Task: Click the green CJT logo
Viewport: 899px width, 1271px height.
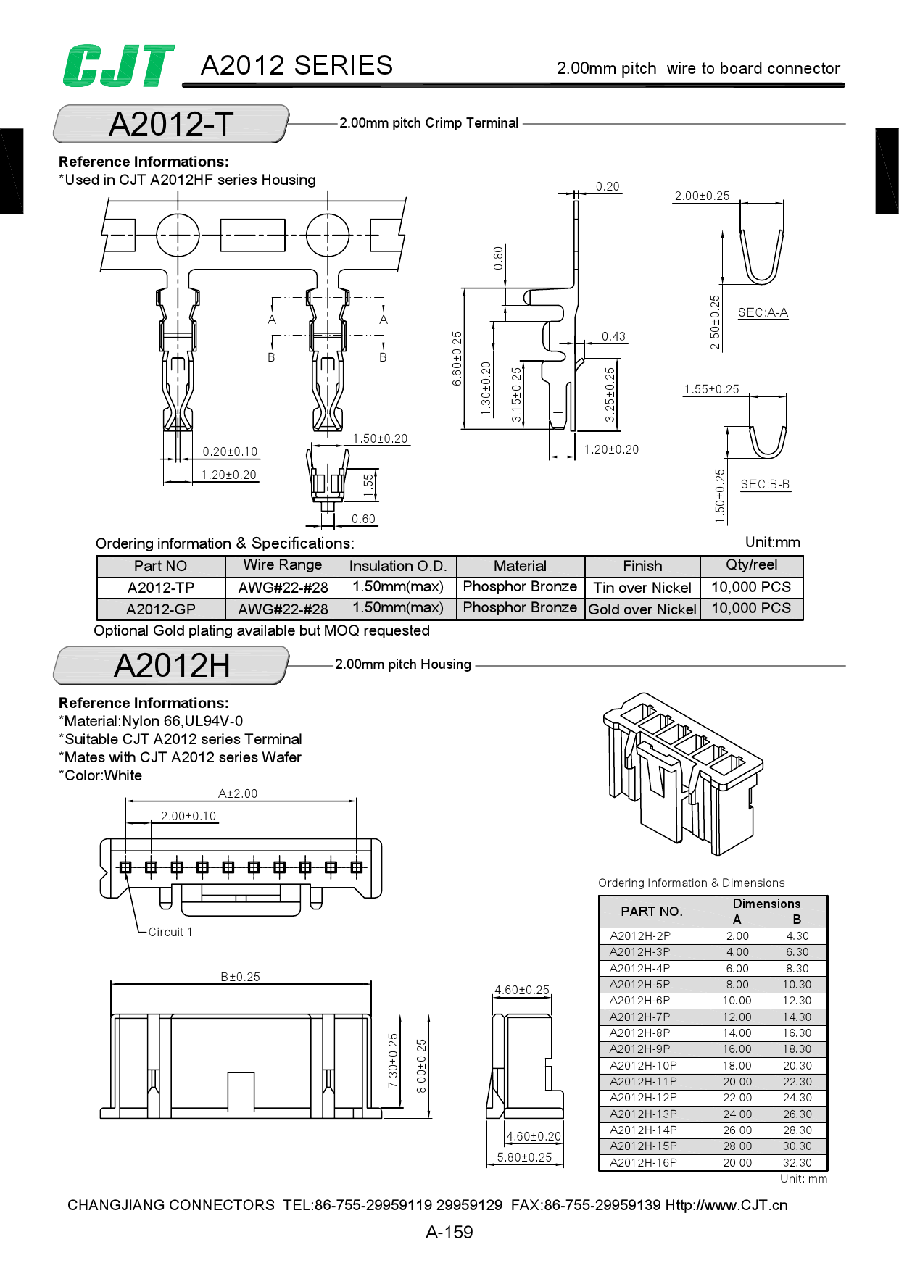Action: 118,66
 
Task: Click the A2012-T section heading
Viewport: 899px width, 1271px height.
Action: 171,124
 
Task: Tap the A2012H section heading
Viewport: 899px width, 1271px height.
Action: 172,665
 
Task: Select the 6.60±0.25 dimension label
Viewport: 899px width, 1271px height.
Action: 457,358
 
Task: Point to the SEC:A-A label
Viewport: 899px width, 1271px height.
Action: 763,312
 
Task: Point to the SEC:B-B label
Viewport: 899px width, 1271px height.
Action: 765,484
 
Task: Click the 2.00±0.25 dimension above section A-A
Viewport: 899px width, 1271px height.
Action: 702,196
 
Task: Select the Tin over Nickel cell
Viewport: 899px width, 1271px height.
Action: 642,588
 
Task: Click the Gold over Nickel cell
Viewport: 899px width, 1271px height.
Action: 642,609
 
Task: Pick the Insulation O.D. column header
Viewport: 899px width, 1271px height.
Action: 397,566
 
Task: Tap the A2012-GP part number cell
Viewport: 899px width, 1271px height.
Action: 160,609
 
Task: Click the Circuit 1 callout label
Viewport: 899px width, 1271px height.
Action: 170,932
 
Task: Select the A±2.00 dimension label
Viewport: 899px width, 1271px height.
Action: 238,793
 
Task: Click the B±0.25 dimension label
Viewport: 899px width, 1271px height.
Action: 240,977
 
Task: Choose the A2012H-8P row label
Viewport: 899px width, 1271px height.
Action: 639,1033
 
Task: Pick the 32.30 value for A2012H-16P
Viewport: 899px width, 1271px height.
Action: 797,1162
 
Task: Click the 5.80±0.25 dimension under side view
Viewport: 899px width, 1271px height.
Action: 524,1157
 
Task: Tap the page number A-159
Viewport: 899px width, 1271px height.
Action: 449,1232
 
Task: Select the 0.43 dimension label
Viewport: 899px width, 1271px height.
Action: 613,336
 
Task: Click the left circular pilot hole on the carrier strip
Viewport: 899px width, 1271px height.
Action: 178,235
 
